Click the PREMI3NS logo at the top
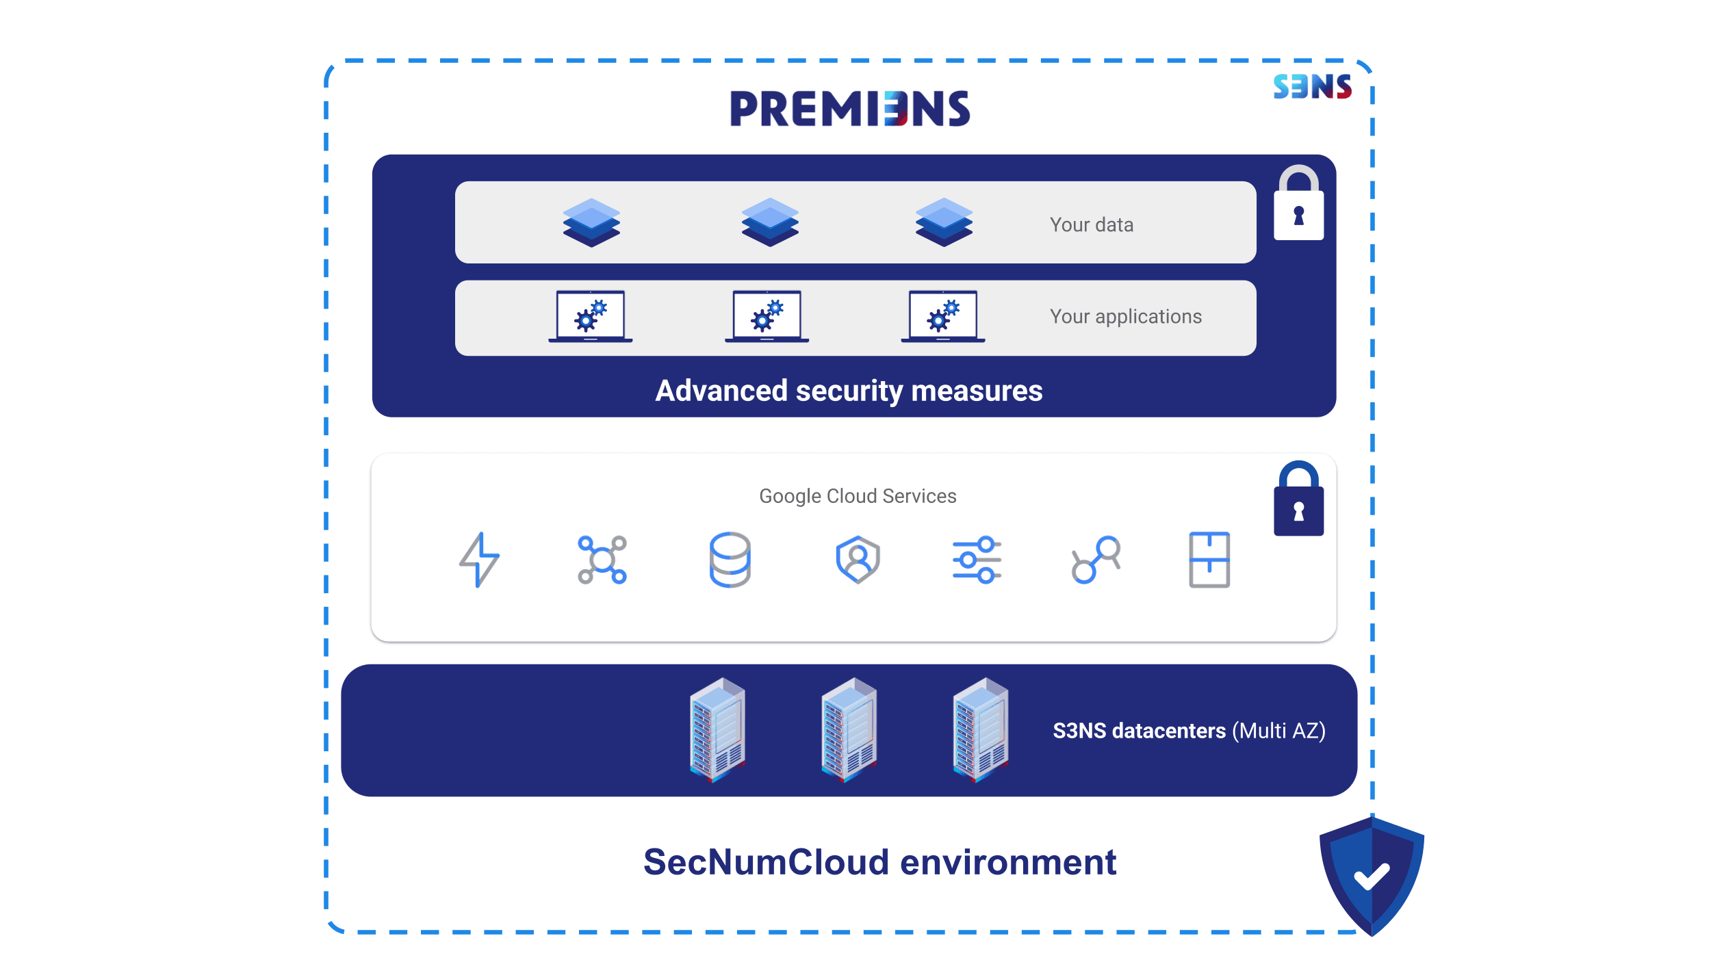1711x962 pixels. [x=849, y=109]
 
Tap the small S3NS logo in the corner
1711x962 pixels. [x=1312, y=87]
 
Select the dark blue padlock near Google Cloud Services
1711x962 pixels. [x=1298, y=500]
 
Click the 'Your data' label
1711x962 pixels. [x=1092, y=225]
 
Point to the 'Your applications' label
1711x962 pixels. [x=1126, y=317]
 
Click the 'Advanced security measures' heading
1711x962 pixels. [x=849, y=391]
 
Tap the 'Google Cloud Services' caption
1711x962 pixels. [x=858, y=496]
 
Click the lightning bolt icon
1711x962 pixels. [x=479, y=560]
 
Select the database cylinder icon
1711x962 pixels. [x=730, y=560]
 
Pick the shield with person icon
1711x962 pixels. [x=858, y=560]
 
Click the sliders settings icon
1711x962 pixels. [x=977, y=560]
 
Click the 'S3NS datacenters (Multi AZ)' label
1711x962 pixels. [x=1189, y=731]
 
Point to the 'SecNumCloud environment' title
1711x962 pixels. [x=879, y=862]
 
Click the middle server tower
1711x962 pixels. [x=849, y=729]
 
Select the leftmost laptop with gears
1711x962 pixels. [x=590, y=317]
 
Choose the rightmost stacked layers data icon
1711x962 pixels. [x=944, y=222]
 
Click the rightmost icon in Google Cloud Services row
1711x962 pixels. [x=1209, y=560]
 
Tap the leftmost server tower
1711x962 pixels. [x=717, y=729]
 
